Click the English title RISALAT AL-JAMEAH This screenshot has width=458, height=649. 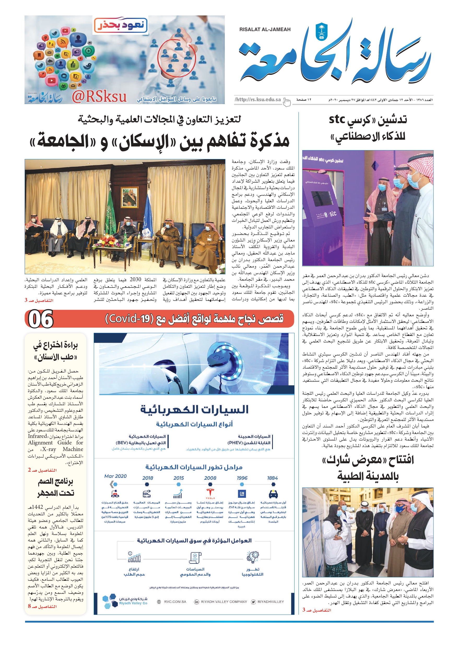click(265, 29)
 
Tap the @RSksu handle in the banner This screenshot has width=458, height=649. click(99, 96)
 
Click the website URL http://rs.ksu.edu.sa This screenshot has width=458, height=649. click(258, 99)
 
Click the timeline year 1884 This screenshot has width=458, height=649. click(272, 478)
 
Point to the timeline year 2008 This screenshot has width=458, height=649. click(210, 478)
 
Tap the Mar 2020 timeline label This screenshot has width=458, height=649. click(115, 476)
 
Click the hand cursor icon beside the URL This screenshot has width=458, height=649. click(287, 102)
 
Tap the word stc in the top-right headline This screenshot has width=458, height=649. click(337, 120)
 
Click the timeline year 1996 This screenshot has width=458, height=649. click(242, 478)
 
